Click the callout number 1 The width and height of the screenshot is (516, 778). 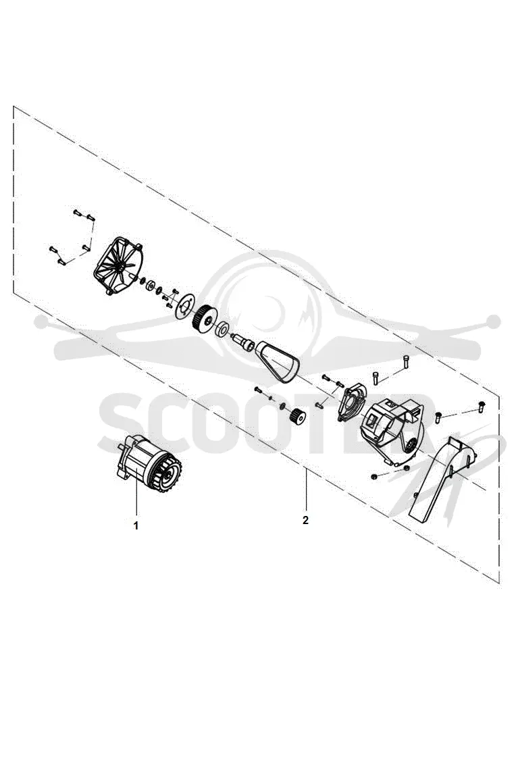136,525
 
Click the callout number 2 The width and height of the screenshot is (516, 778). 305,520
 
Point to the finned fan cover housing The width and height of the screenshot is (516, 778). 119,266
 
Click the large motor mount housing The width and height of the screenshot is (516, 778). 394,432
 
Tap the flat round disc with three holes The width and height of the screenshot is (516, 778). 184,304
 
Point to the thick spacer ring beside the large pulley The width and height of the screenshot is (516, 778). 223,329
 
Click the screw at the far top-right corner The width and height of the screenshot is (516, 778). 481,405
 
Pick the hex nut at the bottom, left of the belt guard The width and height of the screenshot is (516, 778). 373,477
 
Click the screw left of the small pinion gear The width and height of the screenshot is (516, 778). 258,390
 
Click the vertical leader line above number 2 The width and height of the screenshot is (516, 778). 306,489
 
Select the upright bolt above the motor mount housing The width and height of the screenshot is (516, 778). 406,361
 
